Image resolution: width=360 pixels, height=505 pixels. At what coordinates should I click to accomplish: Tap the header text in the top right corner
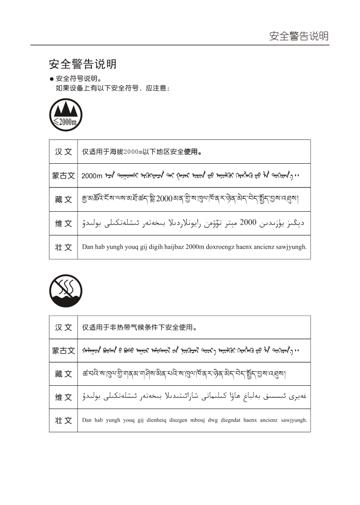pyautogui.click(x=299, y=36)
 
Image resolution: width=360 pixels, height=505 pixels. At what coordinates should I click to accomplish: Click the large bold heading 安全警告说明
pyautogui.click(x=83, y=64)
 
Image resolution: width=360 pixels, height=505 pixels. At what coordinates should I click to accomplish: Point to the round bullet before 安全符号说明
pyautogui.click(x=51, y=79)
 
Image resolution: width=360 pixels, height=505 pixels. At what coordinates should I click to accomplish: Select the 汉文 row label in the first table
pyautogui.click(x=63, y=151)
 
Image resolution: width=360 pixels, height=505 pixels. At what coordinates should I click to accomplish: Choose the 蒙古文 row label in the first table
pyautogui.click(x=63, y=176)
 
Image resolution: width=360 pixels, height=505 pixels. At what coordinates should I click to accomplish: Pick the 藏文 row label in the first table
pyautogui.click(x=63, y=199)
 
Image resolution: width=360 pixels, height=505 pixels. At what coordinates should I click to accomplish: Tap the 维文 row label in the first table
pyautogui.click(x=63, y=223)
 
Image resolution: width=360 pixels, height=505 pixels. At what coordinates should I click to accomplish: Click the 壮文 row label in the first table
pyautogui.click(x=63, y=247)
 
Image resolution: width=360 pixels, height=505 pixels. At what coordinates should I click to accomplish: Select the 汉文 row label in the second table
pyautogui.click(x=63, y=327)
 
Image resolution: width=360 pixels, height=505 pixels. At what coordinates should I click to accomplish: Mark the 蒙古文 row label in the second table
pyautogui.click(x=63, y=351)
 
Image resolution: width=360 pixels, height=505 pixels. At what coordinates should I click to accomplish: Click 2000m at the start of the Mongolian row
pyautogui.click(x=91, y=176)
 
